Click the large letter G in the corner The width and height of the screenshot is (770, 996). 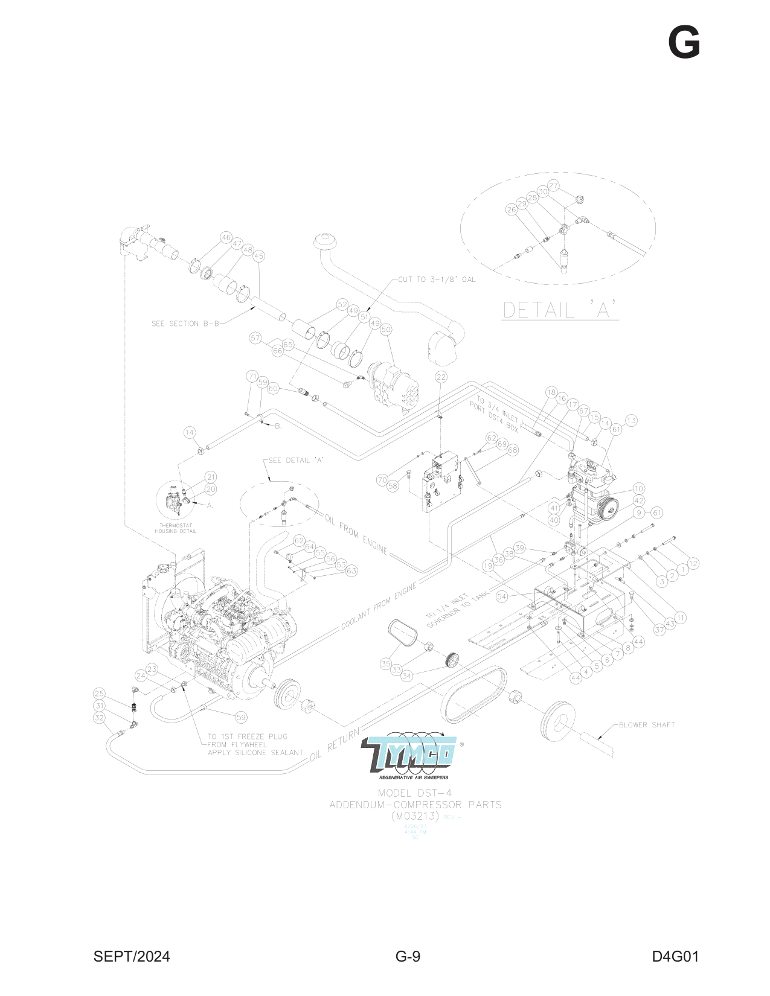point(684,43)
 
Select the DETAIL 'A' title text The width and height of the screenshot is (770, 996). point(560,310)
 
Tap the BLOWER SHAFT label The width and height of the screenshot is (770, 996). point(646,724)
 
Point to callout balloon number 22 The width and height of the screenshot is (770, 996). point(441,377)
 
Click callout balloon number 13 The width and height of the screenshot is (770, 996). point(631,420)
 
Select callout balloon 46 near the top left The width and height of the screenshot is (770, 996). point(226,237)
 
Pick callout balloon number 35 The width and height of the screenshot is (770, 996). point(386,663)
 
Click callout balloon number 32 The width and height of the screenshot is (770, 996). point(100,718)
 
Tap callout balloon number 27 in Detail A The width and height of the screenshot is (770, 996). point(553,185)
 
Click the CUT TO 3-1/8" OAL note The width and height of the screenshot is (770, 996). point(437,279)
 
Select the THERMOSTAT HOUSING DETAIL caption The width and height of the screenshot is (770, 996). point(176,528)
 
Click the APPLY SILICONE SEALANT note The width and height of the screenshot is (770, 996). point(255,752)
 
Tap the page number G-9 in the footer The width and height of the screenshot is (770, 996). point(408,956)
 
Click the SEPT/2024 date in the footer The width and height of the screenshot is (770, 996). point(132,956)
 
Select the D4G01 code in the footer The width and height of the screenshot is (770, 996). point(675,956)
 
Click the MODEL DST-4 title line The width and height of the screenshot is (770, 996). point(415,793)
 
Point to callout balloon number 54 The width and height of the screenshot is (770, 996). point(502,596)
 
